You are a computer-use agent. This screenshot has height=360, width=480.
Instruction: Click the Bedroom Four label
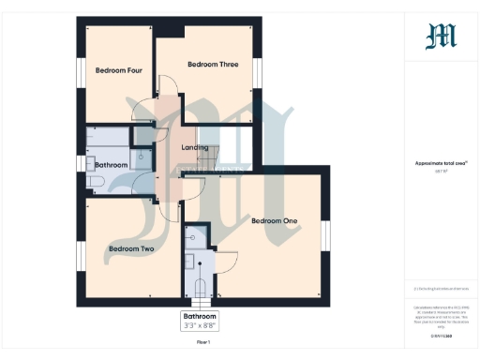click(x=118, y=69)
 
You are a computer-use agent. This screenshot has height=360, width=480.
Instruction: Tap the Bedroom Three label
click(x=213, y=64)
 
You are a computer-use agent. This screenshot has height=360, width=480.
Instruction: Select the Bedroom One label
click(x=274, y=220)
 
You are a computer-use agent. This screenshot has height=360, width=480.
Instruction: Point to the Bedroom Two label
click(x=130, y=248)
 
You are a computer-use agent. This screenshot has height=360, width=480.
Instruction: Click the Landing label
click(x=195, y=147)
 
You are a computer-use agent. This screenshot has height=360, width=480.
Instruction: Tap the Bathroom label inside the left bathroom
click(x=111, y=164)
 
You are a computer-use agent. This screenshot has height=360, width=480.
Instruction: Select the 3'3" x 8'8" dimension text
click(x=199, y=327)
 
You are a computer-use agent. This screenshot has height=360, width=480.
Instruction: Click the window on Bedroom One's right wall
click(x=325, y=237)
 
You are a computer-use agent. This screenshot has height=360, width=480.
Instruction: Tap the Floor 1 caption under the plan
click(x=202, y=344)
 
